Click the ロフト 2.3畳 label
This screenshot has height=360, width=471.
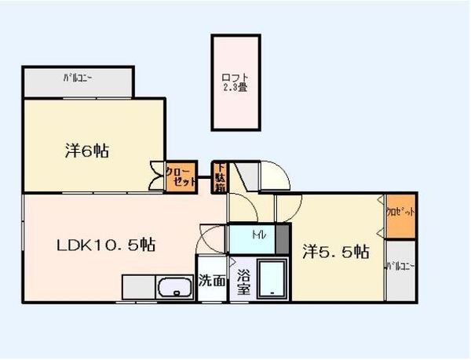click(235, 82)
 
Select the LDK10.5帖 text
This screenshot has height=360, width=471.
click(106, 245)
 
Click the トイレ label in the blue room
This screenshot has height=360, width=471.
click(258, 236)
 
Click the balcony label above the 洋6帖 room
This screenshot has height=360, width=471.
click(79, 78)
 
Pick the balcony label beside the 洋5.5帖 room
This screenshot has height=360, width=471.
click(400, 267)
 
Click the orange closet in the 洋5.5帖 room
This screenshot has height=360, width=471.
click(400, 213)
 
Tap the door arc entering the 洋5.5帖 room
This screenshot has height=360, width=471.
click(290, 205)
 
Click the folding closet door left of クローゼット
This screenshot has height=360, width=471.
click(156, 176)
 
